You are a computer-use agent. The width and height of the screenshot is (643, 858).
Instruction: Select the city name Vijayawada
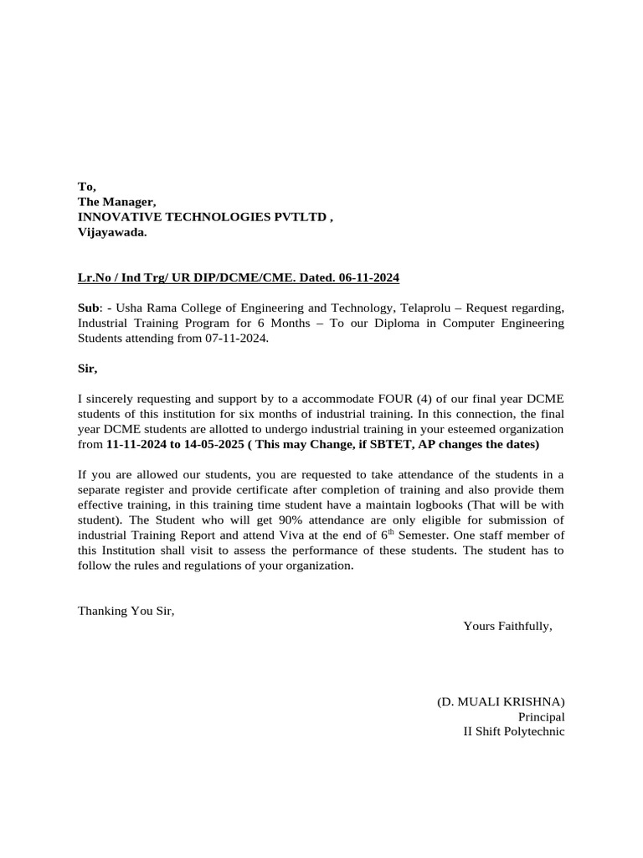coord(111,232)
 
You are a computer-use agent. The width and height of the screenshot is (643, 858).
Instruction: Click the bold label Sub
coord(88,308)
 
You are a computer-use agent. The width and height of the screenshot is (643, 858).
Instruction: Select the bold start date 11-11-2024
coord(137,443)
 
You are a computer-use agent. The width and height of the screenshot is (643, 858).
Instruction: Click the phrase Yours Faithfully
coord(507,625)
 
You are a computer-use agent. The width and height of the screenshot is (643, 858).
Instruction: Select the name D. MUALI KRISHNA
coord(501,700)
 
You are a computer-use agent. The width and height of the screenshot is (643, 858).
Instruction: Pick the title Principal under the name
coord(541,716)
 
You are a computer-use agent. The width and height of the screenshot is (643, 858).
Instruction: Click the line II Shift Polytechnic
coord(514,731)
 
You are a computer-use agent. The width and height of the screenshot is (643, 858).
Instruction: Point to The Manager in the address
coord(116,202)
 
